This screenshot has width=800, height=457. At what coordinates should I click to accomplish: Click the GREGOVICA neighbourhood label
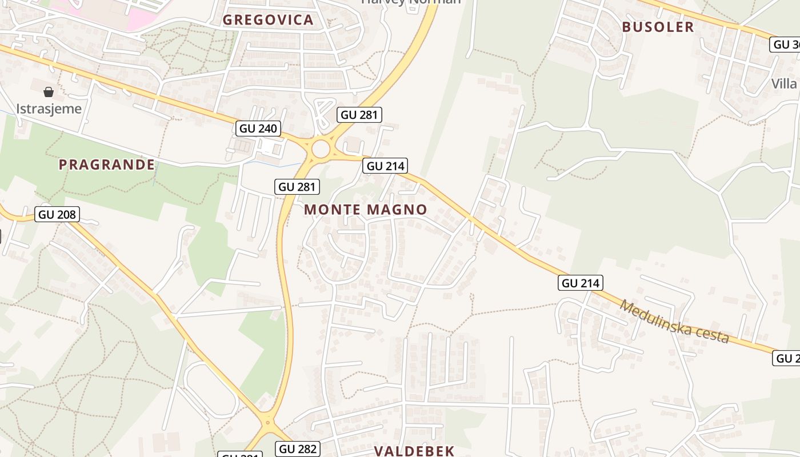pos(268,20)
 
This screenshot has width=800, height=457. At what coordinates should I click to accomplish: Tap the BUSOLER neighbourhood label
pos(658,27)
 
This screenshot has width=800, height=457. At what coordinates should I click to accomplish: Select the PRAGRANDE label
pos(106,165)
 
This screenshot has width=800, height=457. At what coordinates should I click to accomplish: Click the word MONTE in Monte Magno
pos(331,210)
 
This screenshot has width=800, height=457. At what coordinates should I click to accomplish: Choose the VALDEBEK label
pos(414,451)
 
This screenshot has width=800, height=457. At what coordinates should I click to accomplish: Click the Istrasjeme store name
pos(49,109)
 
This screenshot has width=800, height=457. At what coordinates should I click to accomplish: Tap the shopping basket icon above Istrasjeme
pos(49,91)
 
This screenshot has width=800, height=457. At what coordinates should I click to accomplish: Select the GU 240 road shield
pos(259,129)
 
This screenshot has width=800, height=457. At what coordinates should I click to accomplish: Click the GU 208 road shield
pos(57,215)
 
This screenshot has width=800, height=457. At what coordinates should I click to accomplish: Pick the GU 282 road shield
pos(298,449)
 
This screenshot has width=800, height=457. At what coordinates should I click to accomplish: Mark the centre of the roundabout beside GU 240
pos(321,149)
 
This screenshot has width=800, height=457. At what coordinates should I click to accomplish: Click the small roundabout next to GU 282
pos(267,423)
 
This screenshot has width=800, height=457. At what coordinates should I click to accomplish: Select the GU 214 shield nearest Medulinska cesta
pos(581,283)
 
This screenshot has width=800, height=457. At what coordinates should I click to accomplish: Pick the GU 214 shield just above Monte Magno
pos(385,166)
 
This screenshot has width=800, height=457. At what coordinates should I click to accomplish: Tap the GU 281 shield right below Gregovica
pos(359,115)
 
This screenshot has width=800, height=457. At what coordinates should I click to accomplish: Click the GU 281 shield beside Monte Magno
pos(297,187)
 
